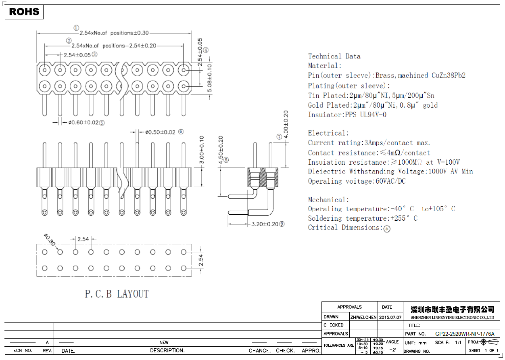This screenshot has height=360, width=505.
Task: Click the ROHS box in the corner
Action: [24, 12]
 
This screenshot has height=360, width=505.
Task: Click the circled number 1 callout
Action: [76, 28]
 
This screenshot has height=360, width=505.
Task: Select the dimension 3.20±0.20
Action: [265, 224]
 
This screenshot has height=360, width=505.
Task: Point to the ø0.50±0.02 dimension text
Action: [160, 132]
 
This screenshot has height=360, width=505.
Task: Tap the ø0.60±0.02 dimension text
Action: [83, 123]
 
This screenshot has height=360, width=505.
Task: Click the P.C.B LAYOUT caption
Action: [117, 294]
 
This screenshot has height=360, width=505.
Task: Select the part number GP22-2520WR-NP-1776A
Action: [465, 334]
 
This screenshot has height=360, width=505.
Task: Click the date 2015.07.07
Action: [390, 317]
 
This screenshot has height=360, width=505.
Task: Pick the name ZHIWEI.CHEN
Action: [363, 317]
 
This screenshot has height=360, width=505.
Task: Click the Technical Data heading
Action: [334, 57]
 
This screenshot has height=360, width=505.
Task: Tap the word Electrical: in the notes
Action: [328, 133]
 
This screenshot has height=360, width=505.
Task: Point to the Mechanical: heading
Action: [328, 200]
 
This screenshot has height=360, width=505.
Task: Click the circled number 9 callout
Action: [282, 224]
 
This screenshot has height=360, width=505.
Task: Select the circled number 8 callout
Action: [226, 160]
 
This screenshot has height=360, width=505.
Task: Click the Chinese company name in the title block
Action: [452, 310]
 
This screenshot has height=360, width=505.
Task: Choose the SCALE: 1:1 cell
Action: [448, 342]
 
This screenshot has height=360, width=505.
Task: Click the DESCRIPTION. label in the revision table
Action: [167, 351]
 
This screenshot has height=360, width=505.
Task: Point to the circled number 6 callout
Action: [181, 132]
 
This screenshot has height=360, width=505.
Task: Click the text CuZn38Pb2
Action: [449, 75]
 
